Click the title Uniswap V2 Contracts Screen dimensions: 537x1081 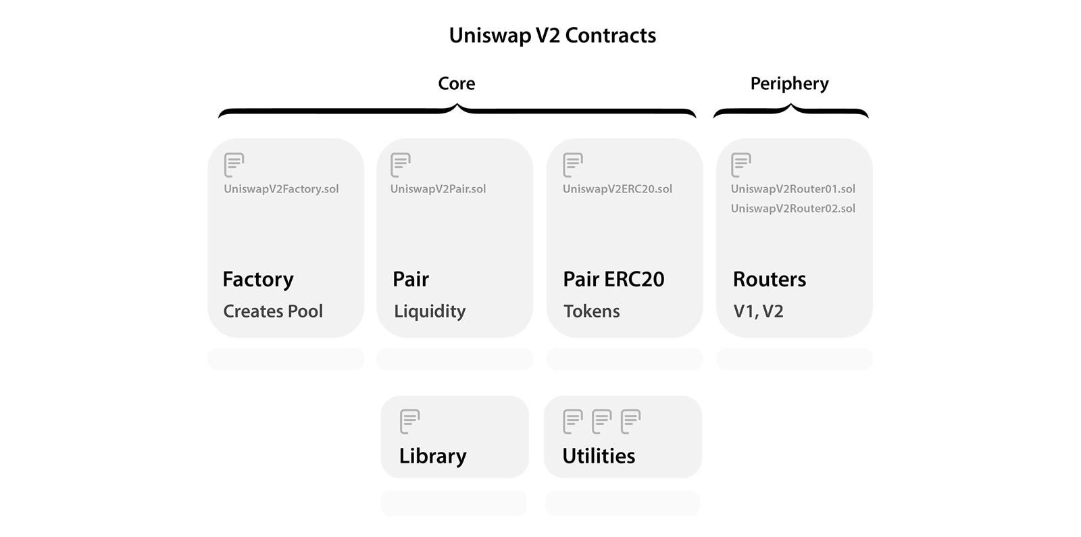click(552, 35)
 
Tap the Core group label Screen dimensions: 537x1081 click(456, 83)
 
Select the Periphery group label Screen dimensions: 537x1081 click(789, 83)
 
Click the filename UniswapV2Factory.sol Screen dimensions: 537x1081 click(281, 189)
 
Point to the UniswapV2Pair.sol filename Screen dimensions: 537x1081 click(438, 189)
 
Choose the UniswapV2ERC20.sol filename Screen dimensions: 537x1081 click(617, 189)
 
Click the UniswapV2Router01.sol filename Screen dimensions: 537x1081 click(793, 189)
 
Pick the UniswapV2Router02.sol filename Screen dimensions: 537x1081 click(793, 209)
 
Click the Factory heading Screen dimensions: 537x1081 click(257, 280)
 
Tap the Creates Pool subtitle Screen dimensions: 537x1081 click(273, 311)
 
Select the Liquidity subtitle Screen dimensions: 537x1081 click(430, 311)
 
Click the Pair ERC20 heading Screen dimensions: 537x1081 click(613, 279)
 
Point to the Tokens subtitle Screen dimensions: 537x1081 click(591, 311)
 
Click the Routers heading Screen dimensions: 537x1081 click(769, 279)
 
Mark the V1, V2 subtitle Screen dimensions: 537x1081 click(758, 311)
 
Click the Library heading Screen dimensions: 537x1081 click(432, 456)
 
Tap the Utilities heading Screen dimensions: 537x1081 click(599, 456)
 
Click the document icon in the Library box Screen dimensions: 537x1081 click(409, 421)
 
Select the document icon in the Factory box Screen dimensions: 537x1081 click(234, 165)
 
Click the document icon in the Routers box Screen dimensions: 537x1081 click(740, 165)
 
